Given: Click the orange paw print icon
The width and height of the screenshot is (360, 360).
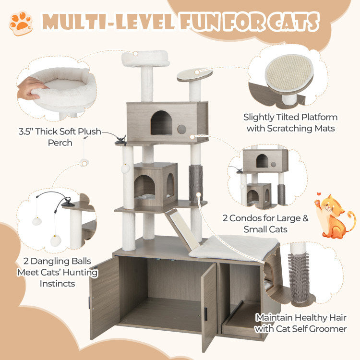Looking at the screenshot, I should tap(21, 23).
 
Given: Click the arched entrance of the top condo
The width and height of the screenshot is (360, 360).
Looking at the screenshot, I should tap(161, 123).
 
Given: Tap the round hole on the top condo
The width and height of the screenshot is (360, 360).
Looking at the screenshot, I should tap(182, 130).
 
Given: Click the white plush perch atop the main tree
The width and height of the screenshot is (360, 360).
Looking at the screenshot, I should tap(145, 59).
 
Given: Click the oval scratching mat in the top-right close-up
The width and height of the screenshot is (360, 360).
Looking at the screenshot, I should tap(289, 73).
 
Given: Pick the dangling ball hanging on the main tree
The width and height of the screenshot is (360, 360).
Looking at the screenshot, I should tap(126, 168).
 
